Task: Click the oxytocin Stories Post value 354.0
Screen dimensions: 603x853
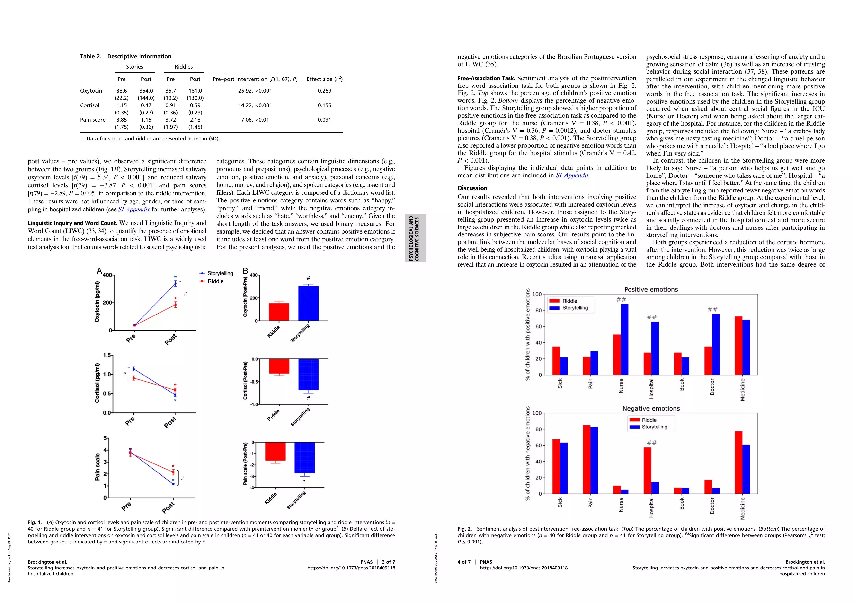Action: [x=146, y=91]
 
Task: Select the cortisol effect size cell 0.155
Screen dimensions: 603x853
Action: [x=324, y=105]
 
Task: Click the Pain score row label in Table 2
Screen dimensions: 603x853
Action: [x=93, y=120]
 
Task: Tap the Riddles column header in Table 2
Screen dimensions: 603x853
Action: [x=184, y=67]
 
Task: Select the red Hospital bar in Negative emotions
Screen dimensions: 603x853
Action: [x=647, y=471]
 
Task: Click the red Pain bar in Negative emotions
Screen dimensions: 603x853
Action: [x=586, y=459]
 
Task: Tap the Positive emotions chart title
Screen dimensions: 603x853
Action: [x=651, y=290]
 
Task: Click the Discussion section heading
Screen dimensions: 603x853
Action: [x=472, y=188]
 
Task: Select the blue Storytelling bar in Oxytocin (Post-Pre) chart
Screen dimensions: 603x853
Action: [x=308, y=303]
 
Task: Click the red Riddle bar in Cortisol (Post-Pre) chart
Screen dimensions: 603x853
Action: [x=279, y=366]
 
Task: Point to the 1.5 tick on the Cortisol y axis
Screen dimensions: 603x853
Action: [x=107, y=355]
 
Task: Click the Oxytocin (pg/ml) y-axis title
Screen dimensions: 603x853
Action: [x=97, y=301]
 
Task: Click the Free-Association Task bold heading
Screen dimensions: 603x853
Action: [x=486, y=78]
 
